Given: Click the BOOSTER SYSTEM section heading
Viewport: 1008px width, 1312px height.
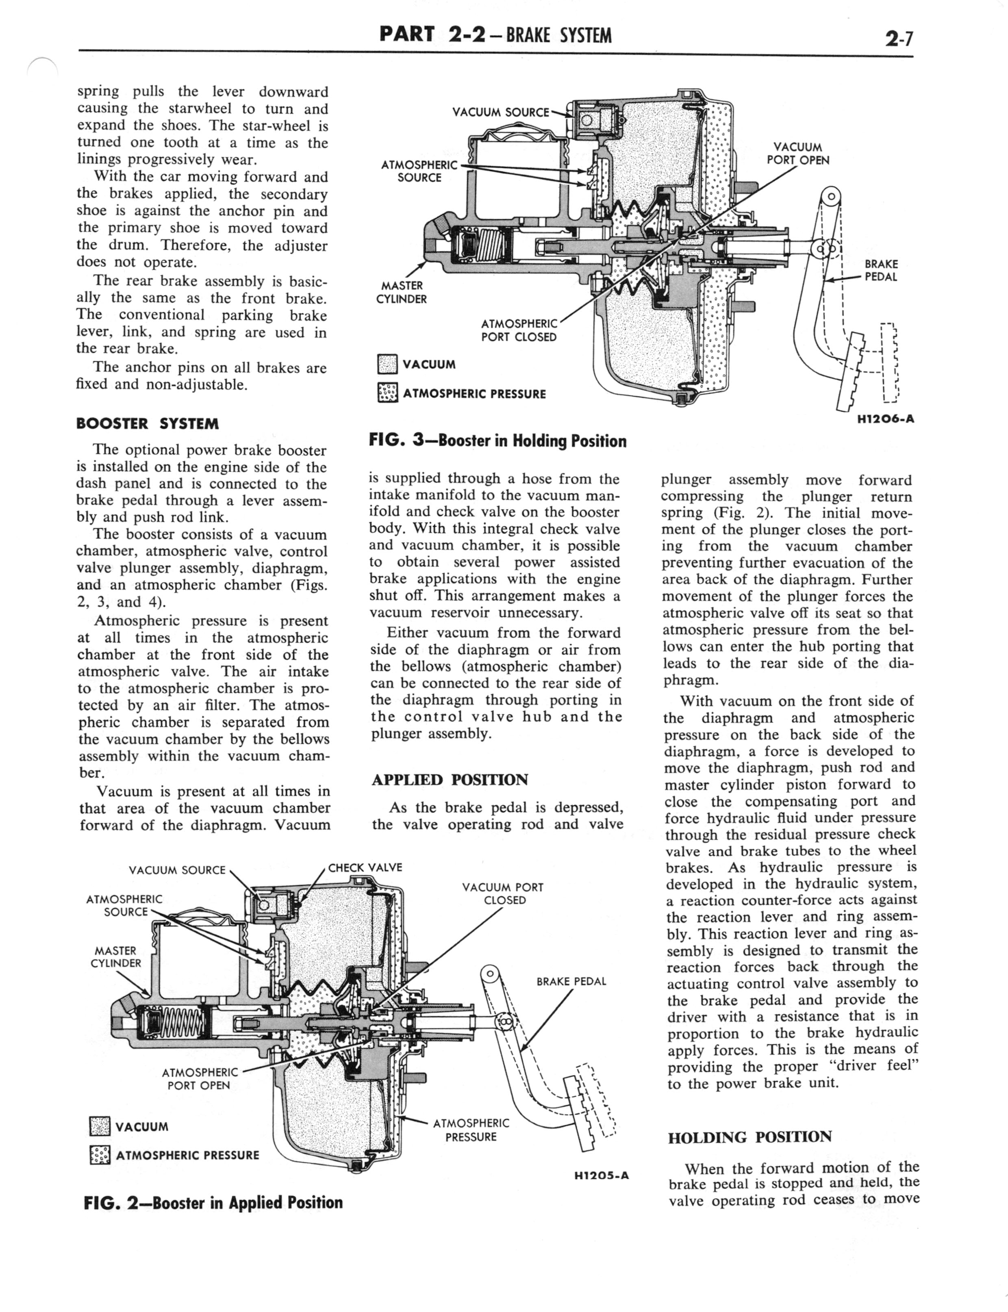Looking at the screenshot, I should pos(148,424).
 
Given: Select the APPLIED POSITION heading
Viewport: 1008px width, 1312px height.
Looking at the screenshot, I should pos(450,780).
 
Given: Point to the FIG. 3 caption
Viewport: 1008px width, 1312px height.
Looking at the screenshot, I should pos(497,441).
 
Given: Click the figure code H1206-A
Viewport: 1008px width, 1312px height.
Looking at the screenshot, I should pos(885,419).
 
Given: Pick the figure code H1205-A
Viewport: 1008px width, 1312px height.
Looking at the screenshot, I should pos(601,1176).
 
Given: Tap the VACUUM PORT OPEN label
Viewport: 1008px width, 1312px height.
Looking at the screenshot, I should pos(797,154).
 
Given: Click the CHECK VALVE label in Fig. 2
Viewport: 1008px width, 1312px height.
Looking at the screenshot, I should pos(365,867).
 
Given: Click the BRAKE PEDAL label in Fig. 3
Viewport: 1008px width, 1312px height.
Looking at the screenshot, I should pos(881,271).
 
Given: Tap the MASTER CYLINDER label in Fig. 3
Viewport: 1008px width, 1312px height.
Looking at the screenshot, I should pos(402,292).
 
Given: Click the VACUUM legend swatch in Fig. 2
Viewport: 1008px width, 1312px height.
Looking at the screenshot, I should pos(99,1127).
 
